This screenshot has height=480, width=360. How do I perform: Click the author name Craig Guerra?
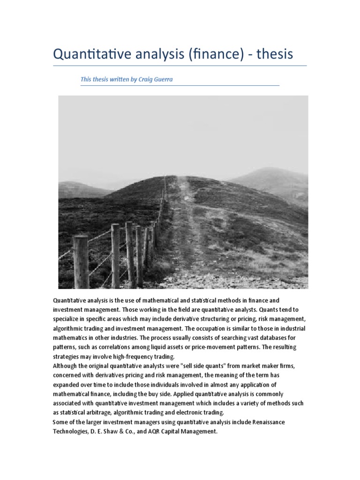click(x=155, y=79)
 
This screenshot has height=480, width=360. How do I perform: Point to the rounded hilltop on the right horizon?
click(x=272, y=172)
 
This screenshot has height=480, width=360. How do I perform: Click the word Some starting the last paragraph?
click(x=60, y=422)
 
